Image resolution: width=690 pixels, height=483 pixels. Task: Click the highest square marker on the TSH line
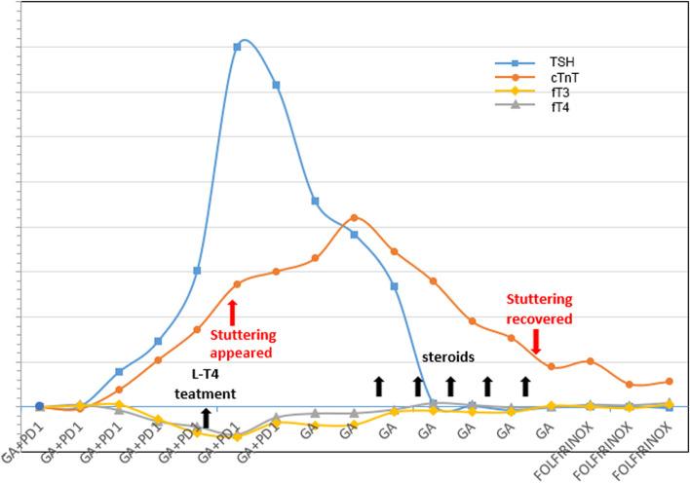point(237,47)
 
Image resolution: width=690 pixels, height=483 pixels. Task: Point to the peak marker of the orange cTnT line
point(354,217)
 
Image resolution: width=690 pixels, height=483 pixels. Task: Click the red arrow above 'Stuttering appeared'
point(232,313)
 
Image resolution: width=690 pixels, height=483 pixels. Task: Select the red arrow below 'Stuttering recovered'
point(535,341)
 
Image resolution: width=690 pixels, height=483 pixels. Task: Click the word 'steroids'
point(447,356)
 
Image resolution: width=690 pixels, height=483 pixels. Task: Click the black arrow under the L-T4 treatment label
point(205,419)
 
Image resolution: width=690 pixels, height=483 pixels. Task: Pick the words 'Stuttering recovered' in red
point(538,308)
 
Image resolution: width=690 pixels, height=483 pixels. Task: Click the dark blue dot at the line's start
point(39,406)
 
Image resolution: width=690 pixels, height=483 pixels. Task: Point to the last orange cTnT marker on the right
point(668,381)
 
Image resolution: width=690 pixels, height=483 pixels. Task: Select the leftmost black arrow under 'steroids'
point(379,387)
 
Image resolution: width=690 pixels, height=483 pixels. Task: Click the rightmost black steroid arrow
point(525,387)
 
